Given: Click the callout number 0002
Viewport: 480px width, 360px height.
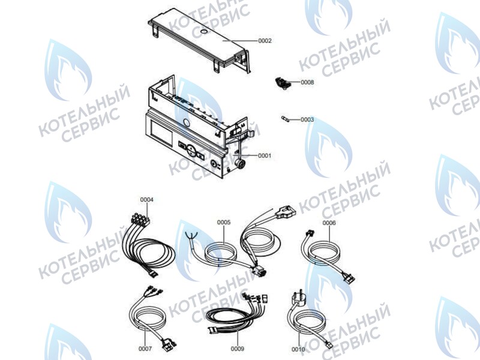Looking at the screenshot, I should (x=265, y=41).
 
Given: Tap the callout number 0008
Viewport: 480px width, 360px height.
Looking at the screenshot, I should (x=307, y=82).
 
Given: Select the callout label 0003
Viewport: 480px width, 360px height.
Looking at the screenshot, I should (x=307, y=119).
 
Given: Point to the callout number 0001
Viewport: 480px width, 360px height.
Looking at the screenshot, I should (x=265, y=155).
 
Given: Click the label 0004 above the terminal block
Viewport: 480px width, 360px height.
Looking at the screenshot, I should (x=146, y=199).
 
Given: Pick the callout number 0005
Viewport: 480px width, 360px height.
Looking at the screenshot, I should (x=224, y=222).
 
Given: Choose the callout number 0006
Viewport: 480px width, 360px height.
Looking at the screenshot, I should (x=329, y=223).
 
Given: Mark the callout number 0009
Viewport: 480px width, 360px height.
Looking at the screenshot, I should (x=238, y=348).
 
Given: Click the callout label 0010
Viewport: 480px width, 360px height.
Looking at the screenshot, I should (x=298, y=349).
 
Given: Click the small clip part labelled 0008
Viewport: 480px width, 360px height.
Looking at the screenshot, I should (x=282, y=83).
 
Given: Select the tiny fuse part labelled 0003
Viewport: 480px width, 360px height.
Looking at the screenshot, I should (x=289, y=120).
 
